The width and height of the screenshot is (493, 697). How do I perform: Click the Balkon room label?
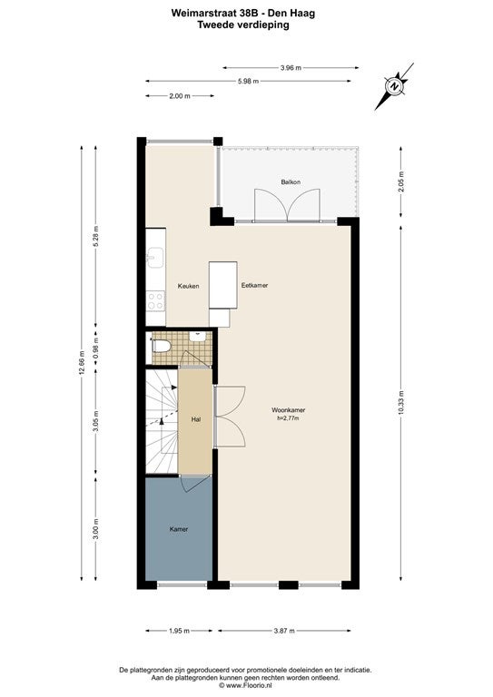[x=291, y=182]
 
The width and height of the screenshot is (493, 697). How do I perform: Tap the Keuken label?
[x=188, y=286]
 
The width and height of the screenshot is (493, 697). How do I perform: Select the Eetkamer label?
[x=255, y=285]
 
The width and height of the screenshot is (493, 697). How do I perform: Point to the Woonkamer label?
[x=288, y=410]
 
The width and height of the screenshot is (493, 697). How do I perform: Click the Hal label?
[x=195, y=419]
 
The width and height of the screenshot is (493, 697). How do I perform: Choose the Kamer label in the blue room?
[x=179, y=529]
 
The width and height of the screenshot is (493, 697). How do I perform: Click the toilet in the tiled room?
[x=160, y=346]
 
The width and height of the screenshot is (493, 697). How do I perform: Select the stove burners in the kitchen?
[x=155, y=301]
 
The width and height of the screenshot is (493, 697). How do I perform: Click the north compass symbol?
[x=394, y=85]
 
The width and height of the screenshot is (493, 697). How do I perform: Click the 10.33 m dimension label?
[x=400, y=403]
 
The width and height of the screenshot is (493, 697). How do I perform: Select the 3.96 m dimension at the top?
[x=291, y=67]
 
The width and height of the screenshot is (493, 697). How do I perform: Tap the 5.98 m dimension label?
[x=248, y=81]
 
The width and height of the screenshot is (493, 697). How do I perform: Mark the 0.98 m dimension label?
[x=96, y=348]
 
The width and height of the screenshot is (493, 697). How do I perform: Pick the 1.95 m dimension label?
[x=179, y=631]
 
